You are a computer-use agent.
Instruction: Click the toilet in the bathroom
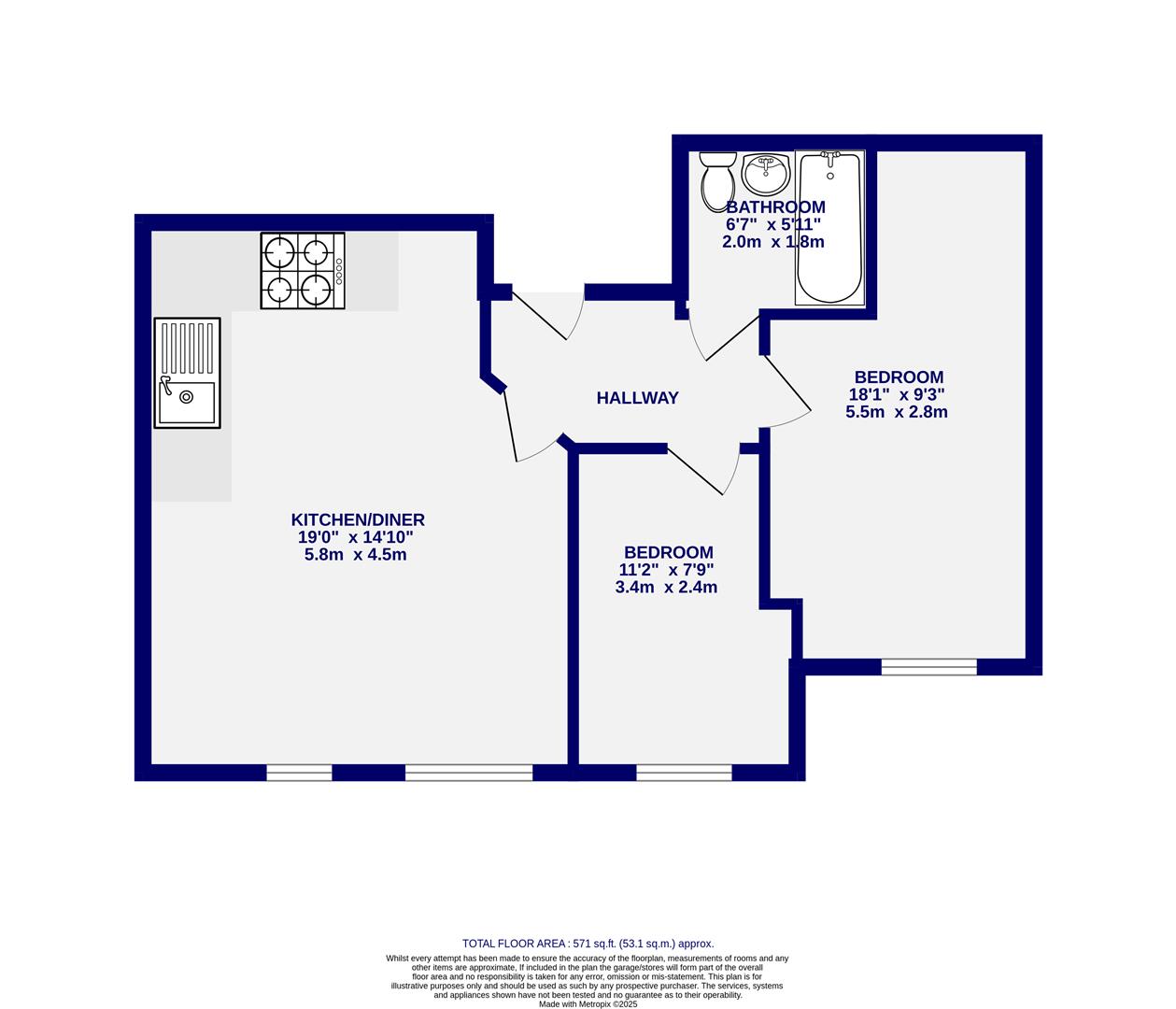click(x=717, y=180)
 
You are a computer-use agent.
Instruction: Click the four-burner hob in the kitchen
click(x=302, y=271)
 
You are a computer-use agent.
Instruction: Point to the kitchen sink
click(x=187, y=373)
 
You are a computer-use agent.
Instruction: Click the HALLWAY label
click(x=637, y=398)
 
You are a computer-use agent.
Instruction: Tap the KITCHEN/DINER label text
click(x=358, y=520)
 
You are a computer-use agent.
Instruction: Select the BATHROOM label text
click(x=775, y=207)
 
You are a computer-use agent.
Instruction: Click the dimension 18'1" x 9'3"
click(x=896, y=395)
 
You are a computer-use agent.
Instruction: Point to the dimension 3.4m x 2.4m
click(x=666, y=588)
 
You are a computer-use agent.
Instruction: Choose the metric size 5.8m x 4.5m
click(x=355, y=555)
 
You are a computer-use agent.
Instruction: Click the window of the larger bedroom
click(x=928, y=667)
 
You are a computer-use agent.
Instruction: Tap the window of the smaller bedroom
click(x=684, y=773)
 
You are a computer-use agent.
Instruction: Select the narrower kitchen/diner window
click(x=299, y=773)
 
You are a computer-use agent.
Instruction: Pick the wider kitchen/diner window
click(x=468, y=773)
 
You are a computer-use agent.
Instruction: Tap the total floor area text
click(x=588, y=944)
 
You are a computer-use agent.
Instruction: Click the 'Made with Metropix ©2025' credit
click(x=588, y=1004)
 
